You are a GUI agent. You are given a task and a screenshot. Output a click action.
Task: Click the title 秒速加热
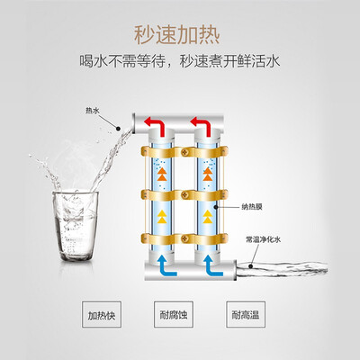click(x=177, y=36)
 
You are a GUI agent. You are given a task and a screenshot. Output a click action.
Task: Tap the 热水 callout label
click(x=93, y=111)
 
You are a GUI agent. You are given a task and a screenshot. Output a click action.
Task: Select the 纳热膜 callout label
click(x=252, y=207)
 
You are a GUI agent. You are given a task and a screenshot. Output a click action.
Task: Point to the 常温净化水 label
click(x=263, y=239)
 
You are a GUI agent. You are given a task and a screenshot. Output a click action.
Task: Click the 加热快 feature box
click(x=102, y=314)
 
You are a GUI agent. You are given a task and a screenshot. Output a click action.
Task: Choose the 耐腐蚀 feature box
click(x=174, y=314)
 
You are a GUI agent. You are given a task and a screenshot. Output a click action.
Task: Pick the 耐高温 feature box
click(x=246, y=314)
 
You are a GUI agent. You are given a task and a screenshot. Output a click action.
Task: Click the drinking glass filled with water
click(x=76, y=226)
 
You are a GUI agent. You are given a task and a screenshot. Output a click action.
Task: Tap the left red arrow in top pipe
click(x=156, y=126)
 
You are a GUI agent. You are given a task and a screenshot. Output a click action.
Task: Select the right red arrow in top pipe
click(x=202, y=126)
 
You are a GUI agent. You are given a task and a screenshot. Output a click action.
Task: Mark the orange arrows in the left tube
click(x=162, y=174)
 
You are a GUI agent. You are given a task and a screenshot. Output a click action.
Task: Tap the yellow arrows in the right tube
click(x=207, y=217)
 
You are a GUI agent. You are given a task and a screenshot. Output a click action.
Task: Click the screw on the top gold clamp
click(x=184, y=152)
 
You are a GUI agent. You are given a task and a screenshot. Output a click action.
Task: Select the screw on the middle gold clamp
click(x=184, y=195)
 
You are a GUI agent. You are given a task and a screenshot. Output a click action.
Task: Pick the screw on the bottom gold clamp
click(x=184, y=239)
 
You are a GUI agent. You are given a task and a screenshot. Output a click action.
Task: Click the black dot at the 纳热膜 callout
click(x=216, y=207)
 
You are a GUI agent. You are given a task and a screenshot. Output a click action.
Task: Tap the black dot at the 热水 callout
click(x=118, y=129)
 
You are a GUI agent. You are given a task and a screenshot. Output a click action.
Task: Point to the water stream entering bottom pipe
click(x=282, y=267)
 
